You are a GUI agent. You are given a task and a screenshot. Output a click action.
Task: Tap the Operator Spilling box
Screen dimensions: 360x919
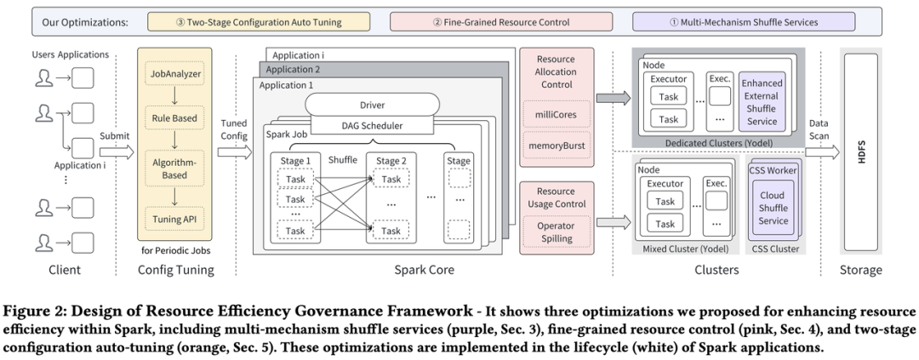click(557, 231)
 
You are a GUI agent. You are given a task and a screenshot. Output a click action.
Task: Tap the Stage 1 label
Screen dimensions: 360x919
click(294, 159)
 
